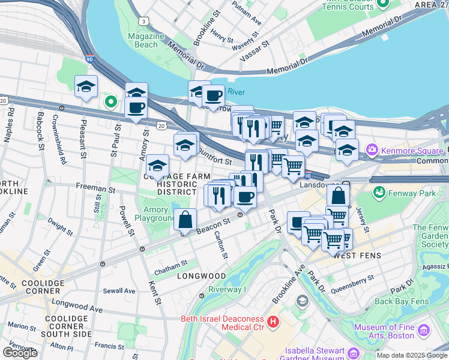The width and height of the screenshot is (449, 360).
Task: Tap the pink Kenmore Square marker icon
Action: pos(373,149)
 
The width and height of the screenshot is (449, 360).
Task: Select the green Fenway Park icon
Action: pos(379,193)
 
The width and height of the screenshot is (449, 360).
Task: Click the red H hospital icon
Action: pos(274,323)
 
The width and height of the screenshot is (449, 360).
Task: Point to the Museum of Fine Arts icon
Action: pos(424,331)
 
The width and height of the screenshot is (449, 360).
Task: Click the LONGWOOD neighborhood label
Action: pos(201,276)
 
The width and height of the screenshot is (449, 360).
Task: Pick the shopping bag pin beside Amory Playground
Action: pos(185,221)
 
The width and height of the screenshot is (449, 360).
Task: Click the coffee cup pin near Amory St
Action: pos(136,109)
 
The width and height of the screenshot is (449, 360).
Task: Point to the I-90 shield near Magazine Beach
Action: pos(89,60)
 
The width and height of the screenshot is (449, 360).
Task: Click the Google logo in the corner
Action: pos(20,353)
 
